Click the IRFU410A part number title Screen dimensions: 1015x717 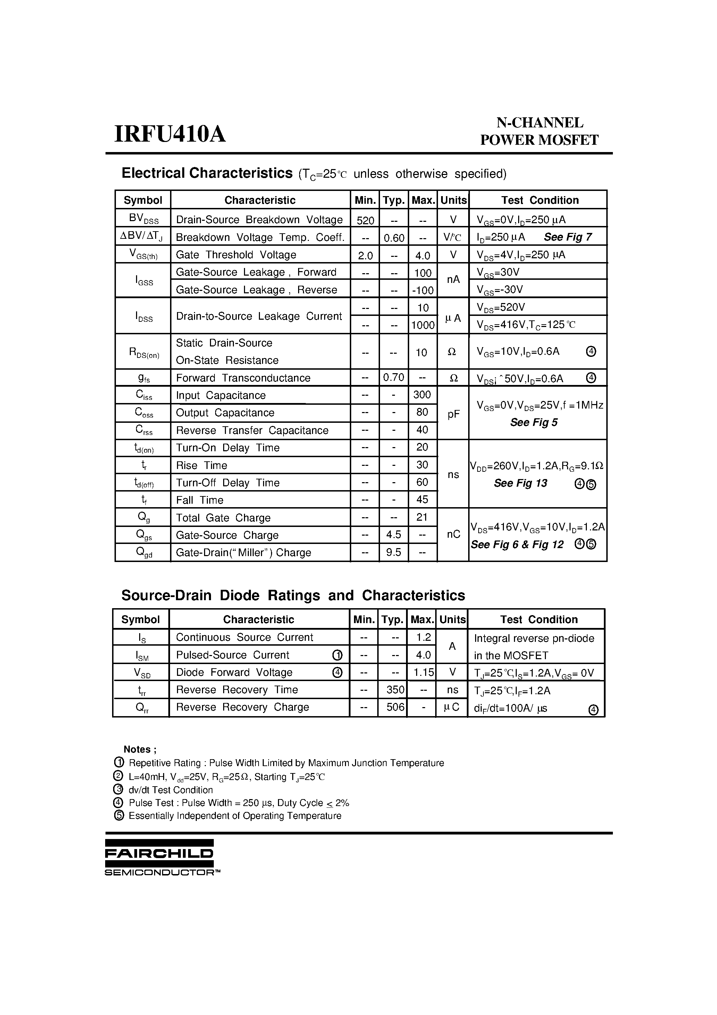pos(170,134)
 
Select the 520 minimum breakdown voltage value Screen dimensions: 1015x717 pos(365,220)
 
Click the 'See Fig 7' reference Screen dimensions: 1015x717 pos(567,237)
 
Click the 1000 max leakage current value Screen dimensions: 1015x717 pos(423,325)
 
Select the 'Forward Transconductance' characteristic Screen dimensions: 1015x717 pos(243,378)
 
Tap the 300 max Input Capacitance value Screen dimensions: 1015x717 pos(422,395)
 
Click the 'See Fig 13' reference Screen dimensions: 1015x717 pos(520,483)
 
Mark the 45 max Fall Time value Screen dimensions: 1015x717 pos(422,500)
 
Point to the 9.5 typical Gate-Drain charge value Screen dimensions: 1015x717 pos(394,553)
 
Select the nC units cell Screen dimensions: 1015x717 pos(454,535)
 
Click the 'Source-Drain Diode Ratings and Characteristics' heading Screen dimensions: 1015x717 pos(293,595)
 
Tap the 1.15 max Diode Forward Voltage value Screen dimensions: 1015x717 pos(422,672)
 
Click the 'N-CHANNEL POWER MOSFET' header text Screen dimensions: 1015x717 pos(539,131)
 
